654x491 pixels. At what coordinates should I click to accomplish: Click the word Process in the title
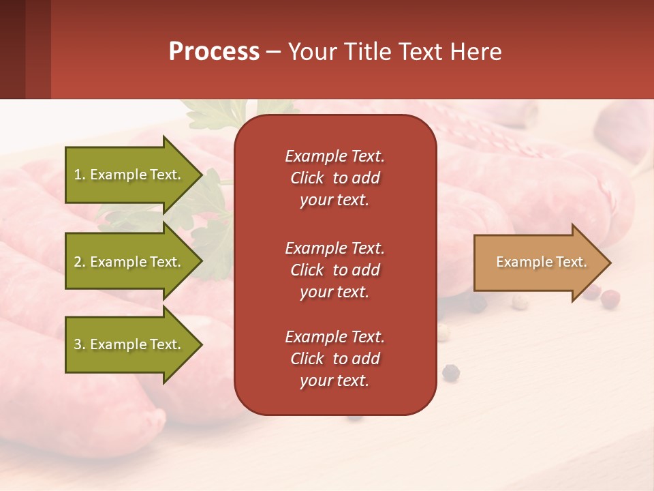click(x=214, y=52)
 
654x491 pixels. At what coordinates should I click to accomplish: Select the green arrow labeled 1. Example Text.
click(x=129, y=175)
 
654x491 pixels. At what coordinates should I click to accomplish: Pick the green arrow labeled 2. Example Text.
click(x=129, y=262)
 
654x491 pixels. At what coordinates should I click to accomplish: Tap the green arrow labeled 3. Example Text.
click(x=129, y=344)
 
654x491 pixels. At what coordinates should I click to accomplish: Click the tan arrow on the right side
click(x=538, y=263)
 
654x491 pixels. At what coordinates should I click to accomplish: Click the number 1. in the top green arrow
click(x=80, y=175)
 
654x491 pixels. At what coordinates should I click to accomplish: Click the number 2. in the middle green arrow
click(x=80, y=262)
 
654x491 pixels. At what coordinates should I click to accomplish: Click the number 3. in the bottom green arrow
click(x=80, y=344)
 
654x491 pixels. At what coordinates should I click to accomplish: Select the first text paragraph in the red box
click(x=334, y=178)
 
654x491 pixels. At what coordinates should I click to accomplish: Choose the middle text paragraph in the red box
click(x=334, y=270)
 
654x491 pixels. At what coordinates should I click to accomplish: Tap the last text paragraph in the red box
click(x=334, y=359)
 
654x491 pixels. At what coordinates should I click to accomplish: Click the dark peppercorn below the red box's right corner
click(x=451, y=372)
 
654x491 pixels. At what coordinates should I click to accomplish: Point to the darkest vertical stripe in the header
click(x=12, y=49)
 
